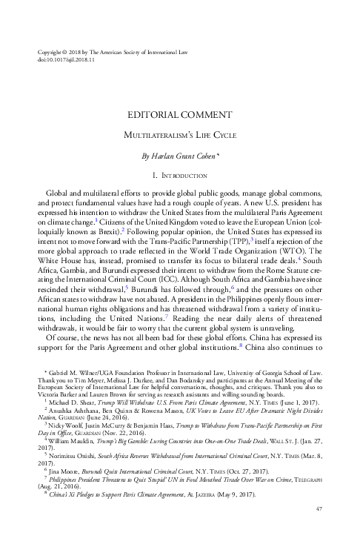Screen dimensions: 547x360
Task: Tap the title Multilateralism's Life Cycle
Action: pos(180,136)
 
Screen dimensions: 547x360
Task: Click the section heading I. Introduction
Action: pos(180,175)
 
